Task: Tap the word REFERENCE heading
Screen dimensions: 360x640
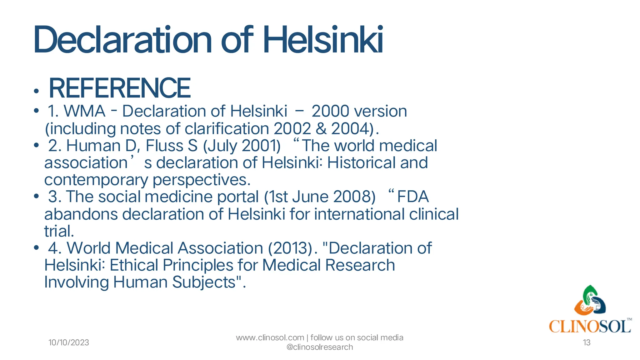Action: click(120, 88)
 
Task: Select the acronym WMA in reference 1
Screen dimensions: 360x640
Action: click(85, 111)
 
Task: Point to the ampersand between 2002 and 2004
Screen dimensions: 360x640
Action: click(321, 129)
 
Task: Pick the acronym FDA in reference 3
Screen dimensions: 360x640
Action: click(412, 197)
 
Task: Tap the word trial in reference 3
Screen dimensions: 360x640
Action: click(58, 232)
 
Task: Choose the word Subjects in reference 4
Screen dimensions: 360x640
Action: click(203, 282)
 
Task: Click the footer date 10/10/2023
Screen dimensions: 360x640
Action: click(69, 343)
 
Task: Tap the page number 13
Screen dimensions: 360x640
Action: click(587, 343)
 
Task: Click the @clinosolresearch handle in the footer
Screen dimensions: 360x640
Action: click(319, 347)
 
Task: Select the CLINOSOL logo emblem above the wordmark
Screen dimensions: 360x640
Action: click(590, 301)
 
